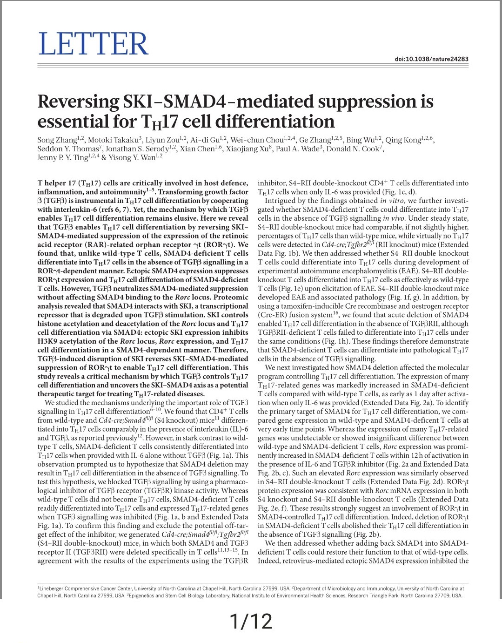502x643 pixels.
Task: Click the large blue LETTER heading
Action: pyautogui.click(x=93, y=44)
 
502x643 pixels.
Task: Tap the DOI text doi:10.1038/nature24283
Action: pyautogui.click(x=431, y=59)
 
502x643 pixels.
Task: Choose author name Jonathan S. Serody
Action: pyautogui.click(x=136, y=149)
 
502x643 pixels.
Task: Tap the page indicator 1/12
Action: pyautogui.click(x=251, y=622)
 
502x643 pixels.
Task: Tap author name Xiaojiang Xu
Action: pyautogui.click(x=247, y=149)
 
